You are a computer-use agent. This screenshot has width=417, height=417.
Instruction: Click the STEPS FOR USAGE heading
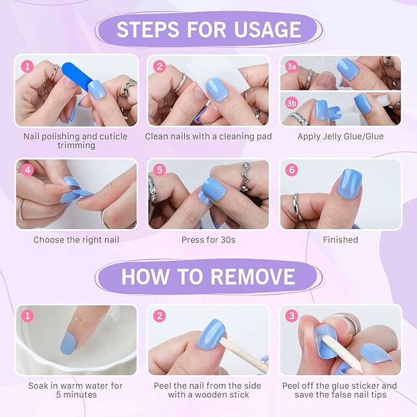coord(209,29)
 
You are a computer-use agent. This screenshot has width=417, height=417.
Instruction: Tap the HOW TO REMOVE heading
coord(208,276)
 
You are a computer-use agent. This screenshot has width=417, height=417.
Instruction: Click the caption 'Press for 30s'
coord(208,240)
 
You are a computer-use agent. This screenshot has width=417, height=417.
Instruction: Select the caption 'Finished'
coord(340,240)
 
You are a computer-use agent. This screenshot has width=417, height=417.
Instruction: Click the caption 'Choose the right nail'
coord(76,240)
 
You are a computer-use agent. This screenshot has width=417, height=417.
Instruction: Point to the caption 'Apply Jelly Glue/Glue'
coord(340,136)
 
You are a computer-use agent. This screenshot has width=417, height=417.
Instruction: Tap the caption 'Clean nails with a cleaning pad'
coord(208,136)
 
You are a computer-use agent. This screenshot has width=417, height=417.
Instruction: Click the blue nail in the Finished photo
coord(349,184)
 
